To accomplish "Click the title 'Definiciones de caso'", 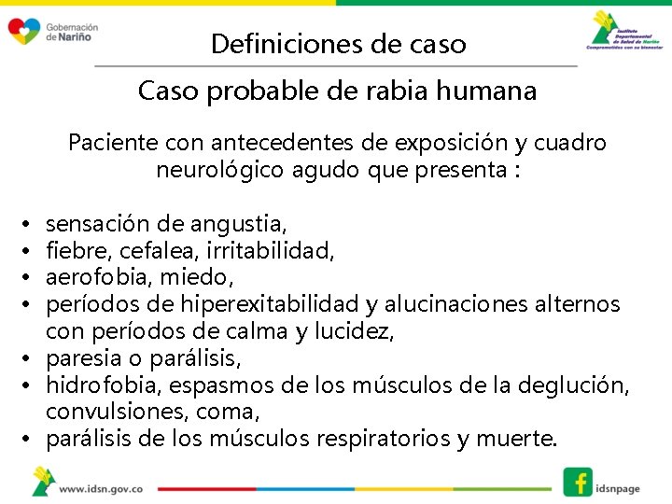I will [338, 44].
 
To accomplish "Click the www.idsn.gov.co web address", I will [101, 487].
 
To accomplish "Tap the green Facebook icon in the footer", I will [578, 481].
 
